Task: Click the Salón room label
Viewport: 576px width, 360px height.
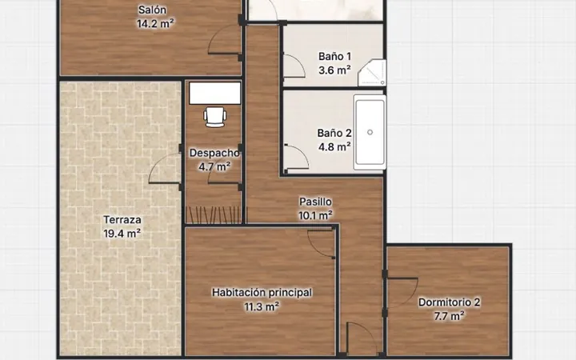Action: (152, 10)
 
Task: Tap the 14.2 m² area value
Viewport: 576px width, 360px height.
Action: (155, 23)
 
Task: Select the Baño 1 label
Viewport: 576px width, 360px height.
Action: (334, 56)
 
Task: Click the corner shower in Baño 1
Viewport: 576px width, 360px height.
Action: (372, 72)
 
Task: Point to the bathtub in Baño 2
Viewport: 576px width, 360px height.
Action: (370, 132)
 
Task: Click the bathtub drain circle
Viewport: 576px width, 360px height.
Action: (370, 132)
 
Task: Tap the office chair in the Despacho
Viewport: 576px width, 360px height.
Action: (215, 117)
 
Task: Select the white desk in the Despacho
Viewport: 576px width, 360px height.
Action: (215, 94)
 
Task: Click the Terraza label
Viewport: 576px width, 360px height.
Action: (122, 220)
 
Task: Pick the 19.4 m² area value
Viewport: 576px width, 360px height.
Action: (122, 234)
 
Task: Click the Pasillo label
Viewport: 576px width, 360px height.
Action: (315, 202)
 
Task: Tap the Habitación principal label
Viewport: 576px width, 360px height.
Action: (262, 293)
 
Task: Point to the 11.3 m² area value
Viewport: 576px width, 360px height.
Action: (262, 306)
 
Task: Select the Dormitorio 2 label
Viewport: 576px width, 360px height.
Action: (449, 302)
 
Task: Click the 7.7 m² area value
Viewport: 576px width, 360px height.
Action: (449, 316)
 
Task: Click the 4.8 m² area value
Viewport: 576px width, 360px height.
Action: (334, 147)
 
